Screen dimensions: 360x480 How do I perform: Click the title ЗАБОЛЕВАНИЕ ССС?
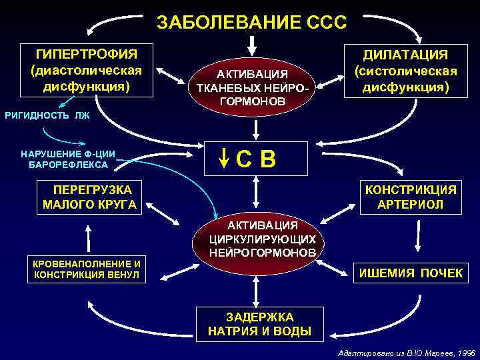[251, 23]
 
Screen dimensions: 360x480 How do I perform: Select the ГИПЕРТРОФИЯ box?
[87, 70]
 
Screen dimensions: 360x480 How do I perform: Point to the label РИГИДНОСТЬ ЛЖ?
[47, 115]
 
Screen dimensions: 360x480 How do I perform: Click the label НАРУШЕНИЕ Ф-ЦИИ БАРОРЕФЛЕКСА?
[68, 159]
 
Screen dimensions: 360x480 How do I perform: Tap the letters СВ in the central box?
[257, 159]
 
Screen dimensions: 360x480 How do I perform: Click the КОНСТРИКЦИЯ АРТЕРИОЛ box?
[410, 197]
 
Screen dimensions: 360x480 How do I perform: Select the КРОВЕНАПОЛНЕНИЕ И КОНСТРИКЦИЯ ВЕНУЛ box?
[87, 268]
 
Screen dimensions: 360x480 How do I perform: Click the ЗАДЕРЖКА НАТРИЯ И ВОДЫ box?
[259, 323]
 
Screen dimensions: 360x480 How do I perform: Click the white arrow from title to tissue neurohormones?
[251, 46]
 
